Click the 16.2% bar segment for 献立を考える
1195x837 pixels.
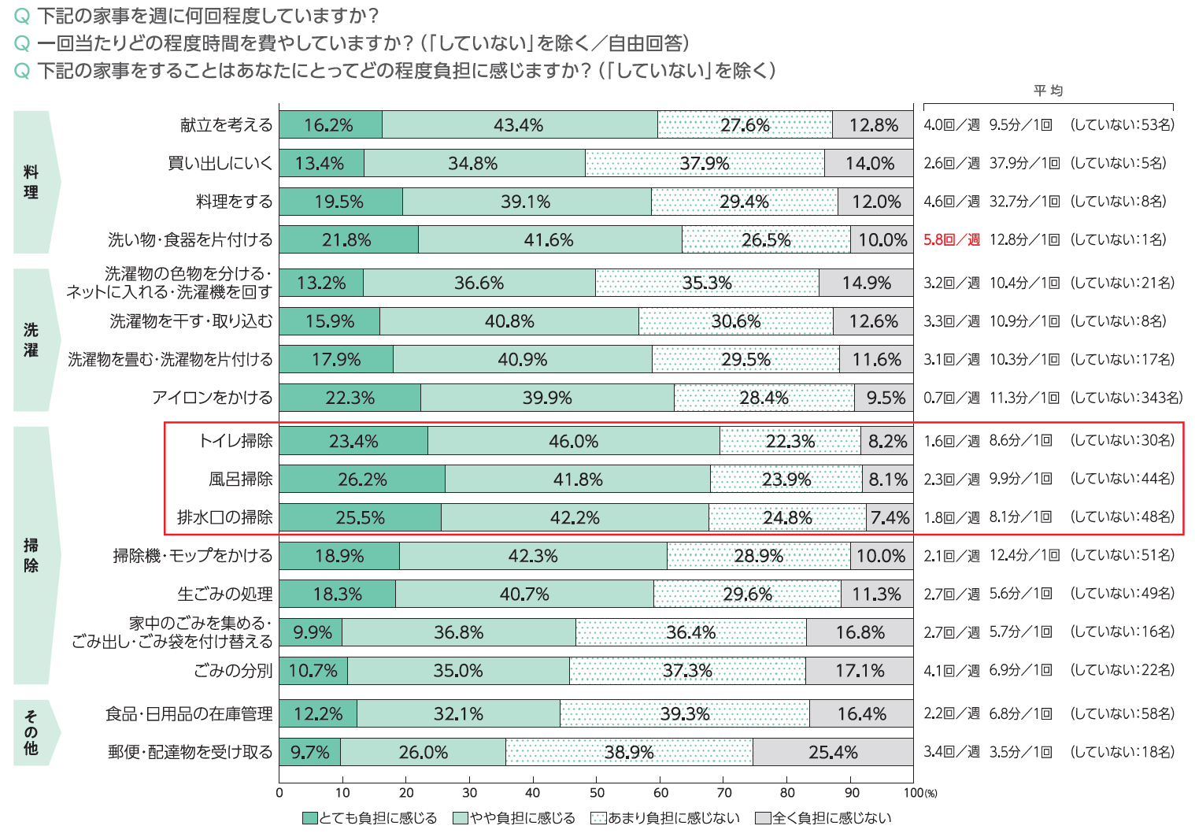coord(330,125)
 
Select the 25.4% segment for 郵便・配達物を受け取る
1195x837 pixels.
coord(832,753)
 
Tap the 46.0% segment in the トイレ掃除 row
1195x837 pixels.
coord(573,442)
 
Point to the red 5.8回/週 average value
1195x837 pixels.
coord(951,240)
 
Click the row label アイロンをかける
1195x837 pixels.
coord(213,398)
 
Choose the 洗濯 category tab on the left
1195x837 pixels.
coord(31,340)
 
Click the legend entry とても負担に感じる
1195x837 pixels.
coord(370,818)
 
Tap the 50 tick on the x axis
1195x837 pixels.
coord(597,793)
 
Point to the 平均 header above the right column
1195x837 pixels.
coord(1048,91)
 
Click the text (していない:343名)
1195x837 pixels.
coord(1126,398)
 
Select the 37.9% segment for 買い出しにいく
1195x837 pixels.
coord(705,164)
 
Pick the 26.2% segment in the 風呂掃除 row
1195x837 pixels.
coord(362,480)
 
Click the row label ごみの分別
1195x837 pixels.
coord(233,671)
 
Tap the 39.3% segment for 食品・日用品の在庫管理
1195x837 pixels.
coord(684,714)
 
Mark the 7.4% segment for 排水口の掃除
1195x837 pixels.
coord(890,518)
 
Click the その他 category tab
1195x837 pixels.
coord(31,732)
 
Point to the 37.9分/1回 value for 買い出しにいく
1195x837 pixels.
coord(1024,164)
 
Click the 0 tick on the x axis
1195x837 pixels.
coord(279,793)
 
